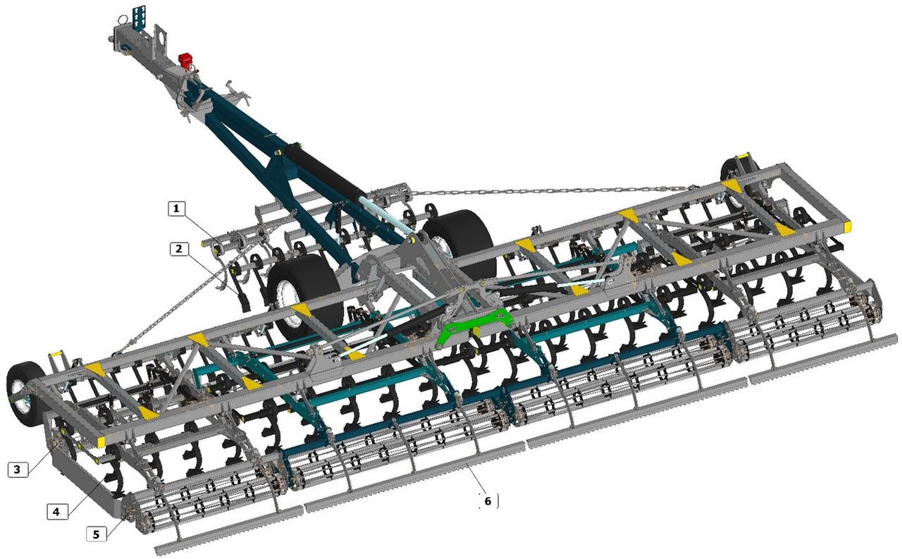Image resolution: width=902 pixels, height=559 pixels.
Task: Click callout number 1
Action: coord(176,209)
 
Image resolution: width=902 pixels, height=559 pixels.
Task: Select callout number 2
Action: coord(179,249)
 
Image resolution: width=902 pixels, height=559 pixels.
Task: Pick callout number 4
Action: coord(56,512)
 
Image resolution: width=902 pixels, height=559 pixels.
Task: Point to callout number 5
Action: coord(97,534)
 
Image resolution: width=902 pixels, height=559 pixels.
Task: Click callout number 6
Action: coord(488,501)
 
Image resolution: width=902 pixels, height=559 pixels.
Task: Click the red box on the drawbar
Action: coord(185,61)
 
